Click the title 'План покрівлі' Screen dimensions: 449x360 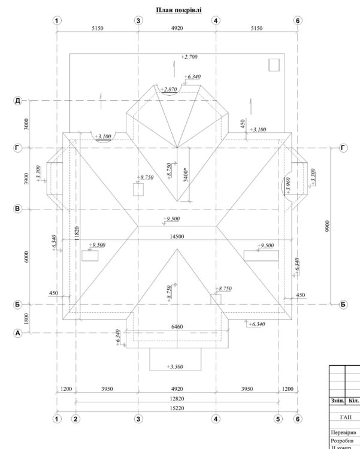(179, 10)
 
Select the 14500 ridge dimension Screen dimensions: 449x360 (176, 237)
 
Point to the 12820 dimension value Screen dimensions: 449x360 (177, 399)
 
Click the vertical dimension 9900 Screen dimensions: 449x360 (326, 226)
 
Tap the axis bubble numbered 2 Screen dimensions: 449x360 (75, 418)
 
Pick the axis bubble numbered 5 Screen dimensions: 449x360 (278, 418)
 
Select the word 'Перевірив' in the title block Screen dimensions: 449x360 (343, 432)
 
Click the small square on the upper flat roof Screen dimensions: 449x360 (274, 65)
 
